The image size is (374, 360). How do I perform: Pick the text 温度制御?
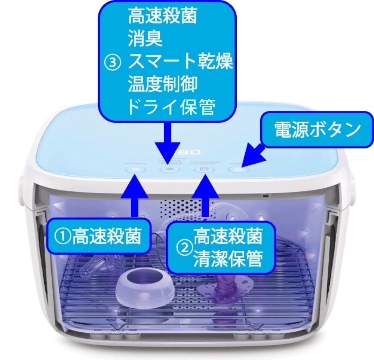162,86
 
